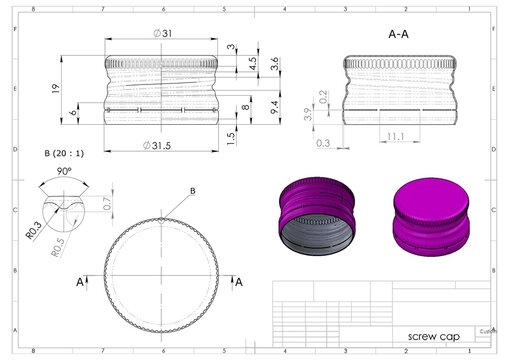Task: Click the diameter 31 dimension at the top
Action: pyautogui.click(x=164, y=34)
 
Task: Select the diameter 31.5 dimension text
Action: pyautogui.click(x=164, y=146)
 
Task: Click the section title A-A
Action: pyautogui.click(x=397, y=33)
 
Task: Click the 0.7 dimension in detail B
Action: pyautogui.click(x=108, y=204)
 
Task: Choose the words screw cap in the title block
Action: pyautogui.click(x=427, y=336)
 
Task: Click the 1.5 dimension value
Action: pyautogui.click(x=232, y=137)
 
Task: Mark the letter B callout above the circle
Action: pyautogui.click(x=192, y=190)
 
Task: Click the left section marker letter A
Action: pyautogui.click(x=79, y=283)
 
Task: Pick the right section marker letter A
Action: pyautogui.click(x=239, y=283)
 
